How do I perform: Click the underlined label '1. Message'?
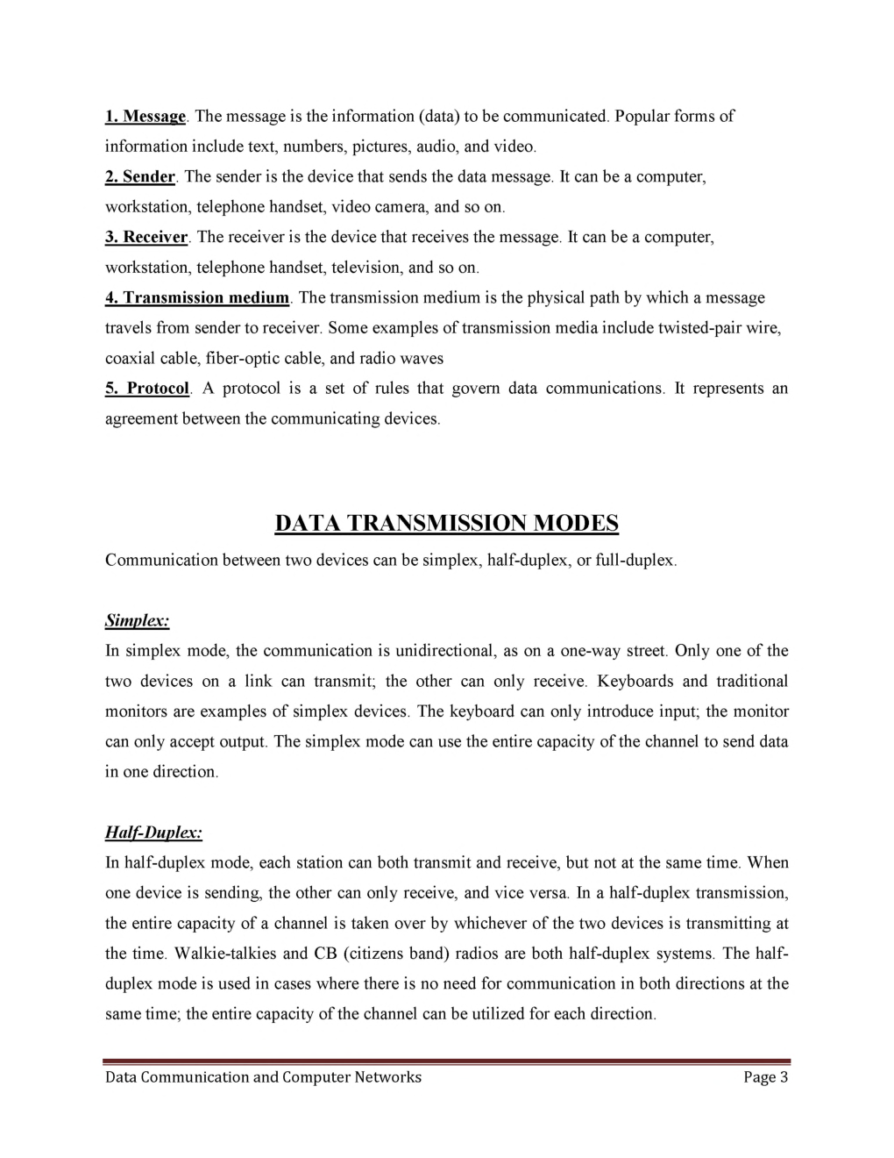[x=145, y=117]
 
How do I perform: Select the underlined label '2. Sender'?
[x=140, y=177]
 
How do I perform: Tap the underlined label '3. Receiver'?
[x=146, y=238]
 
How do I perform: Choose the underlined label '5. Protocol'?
[x=147, y=389]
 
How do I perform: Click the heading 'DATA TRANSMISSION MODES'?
[x=446, y=523]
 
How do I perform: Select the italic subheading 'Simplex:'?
[x=137, y=621]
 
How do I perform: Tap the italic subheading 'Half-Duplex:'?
[x=153, y=833]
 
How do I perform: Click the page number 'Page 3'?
[x=765, y=1077]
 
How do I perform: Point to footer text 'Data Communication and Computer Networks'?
[x=263, y=1077]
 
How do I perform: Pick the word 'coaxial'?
[x=130, y=359]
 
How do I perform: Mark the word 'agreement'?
[x=141, y=419]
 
